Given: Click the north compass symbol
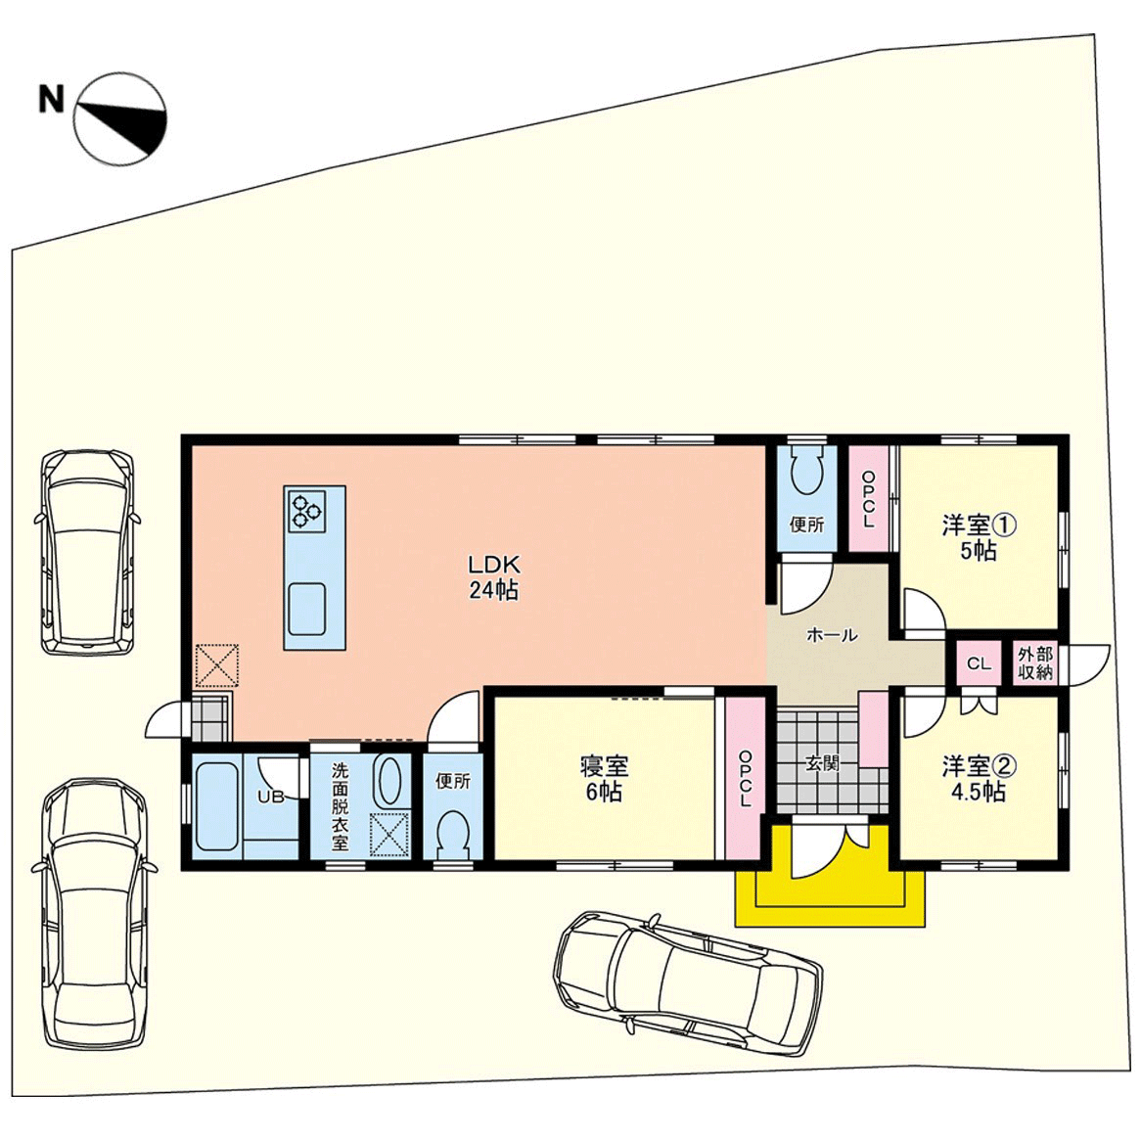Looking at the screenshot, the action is (x=120, y=117).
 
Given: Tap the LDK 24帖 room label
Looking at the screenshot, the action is (x=493, y=577).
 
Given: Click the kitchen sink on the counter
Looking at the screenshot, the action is (x=307, y=609).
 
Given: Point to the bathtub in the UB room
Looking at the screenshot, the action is (x=217, y=805).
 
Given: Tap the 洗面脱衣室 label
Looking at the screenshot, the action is (x=340, y=807).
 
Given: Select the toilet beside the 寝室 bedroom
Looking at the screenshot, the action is (x=453, y=836).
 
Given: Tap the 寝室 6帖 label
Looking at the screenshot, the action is (x=604, y=779).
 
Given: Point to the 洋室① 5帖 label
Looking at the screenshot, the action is (x=978, y=538).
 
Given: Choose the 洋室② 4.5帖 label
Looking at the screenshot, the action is (x=979, y=778).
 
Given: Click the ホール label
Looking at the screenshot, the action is (x=832, y=635).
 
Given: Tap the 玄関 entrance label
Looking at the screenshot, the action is (x=822, y=762).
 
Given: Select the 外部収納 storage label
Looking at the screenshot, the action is (x=1035, y=662).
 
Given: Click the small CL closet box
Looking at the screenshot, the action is (x=979, y=662).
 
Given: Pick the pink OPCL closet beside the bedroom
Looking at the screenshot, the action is (x=745, y=778).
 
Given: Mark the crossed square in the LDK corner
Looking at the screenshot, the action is (x=217, y=664).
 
